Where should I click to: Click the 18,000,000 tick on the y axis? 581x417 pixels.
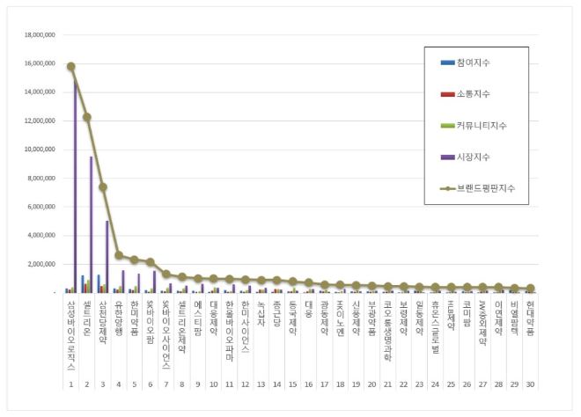pyautogui.click(x=38, y=34)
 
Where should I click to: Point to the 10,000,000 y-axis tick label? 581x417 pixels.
pyautogui.click(x=38, y=149)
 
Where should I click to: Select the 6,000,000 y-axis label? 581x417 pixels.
pyautogui.click(x=40, y=207)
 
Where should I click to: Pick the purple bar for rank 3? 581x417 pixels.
pyautogui.click(x=107, y=255)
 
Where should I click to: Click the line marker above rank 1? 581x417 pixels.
pyautogui.click(x=70, y=66)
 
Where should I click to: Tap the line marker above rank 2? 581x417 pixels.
pyautogui.click(x=86, y=116)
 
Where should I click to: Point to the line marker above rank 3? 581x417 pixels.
pyautogui.click(x=102, y=187)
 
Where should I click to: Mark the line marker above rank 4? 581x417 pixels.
pyautogui.click(x=119, y=255)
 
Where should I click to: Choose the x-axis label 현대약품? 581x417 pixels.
pyautogui.click(x=530, y=318)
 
